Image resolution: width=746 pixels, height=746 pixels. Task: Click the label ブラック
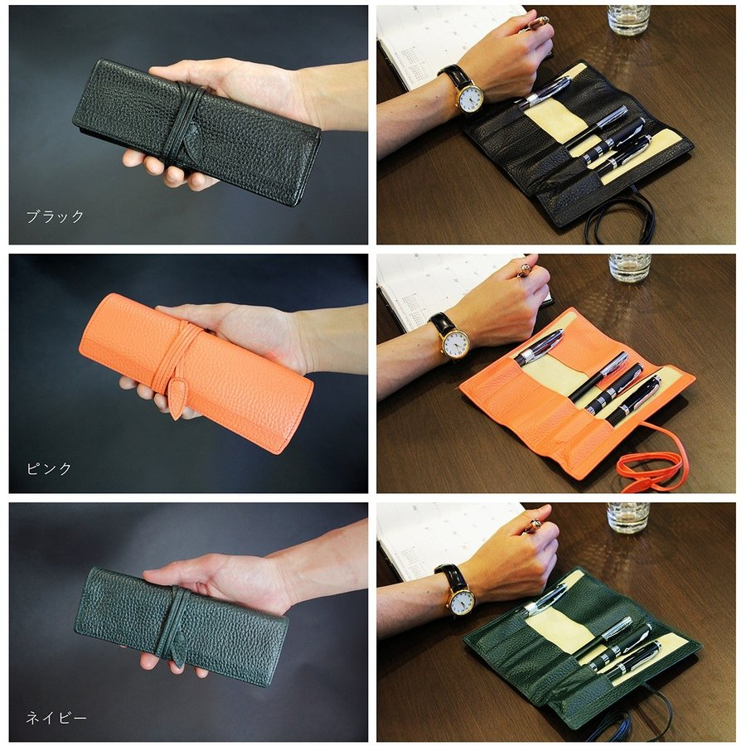[55, 217]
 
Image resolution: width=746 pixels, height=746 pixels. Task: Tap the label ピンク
[49, 468]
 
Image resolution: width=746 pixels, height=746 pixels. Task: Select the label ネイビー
[56, 718]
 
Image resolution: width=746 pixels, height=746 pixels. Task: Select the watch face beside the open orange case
[456, 343]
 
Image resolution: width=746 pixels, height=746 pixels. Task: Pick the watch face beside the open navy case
[462, 602]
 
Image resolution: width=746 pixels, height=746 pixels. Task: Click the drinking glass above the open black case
[628, 20]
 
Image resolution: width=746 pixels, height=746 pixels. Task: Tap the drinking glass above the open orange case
[629, 268]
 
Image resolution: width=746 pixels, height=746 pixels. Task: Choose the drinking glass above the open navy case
[628, 517]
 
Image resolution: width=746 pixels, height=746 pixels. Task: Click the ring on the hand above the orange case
[524, 269]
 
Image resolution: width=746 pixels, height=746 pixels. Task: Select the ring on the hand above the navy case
[535, 526]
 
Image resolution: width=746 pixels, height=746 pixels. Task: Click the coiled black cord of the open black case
[618, 219]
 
